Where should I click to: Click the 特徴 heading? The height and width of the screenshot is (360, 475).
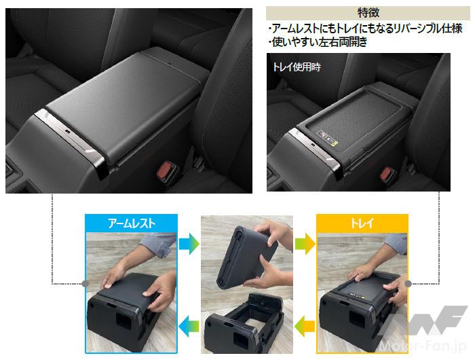click(x=368, y=13)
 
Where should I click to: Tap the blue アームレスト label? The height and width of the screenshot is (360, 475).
click(x=131, y=223)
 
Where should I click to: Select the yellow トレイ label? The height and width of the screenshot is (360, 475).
click(x=362, y=223)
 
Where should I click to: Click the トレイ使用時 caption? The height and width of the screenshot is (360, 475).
click(x=297, y=67)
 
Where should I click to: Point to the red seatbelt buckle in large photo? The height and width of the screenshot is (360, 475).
click(x=165, y=170)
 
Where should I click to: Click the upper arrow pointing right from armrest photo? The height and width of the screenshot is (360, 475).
click(x=189, y=244)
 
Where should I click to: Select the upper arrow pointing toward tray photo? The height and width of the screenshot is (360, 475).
click(x=305, y=244)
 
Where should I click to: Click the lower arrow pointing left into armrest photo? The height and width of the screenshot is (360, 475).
click(x=189, y=326)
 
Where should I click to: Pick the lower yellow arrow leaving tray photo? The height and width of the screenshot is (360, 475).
click(x=305, y=326)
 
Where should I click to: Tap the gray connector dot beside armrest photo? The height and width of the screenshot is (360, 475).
click(x=85, y=283)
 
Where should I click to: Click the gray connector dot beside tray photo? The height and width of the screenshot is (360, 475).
click(x=408, y=283)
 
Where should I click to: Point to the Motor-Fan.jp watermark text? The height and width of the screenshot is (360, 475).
click(x=423, y=346)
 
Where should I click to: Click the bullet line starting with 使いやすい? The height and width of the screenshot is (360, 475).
click(x=318, y=42)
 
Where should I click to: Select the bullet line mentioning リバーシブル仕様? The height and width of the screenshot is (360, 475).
click(x=365, y=29)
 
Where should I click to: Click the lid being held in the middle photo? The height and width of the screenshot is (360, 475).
click(x=246, y=257)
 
